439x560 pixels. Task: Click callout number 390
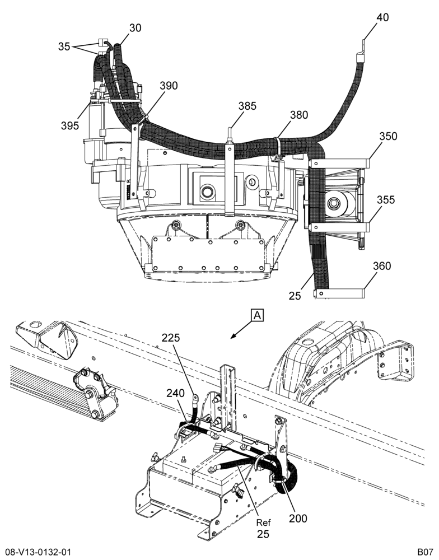point(169,86)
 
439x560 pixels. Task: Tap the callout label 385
point(247,106)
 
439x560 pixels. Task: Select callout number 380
point(299,115)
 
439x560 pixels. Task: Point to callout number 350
point(388,136)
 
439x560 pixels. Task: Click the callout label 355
point(386,200)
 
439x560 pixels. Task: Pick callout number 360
point(382,266)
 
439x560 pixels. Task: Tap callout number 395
point(70,125)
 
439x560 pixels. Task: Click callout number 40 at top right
point(383,17)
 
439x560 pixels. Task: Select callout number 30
point(136,28)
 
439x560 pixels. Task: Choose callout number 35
point(64,46)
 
